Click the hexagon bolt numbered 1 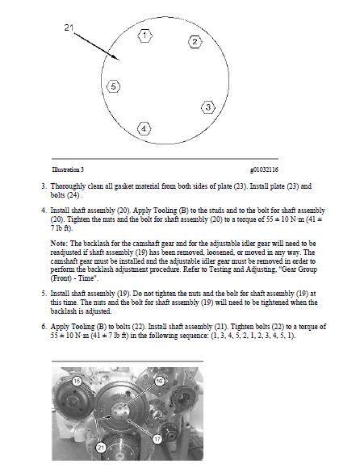[x=144, y=35]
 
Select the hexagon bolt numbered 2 [x=195, y=42]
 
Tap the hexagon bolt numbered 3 [x=208, y=107]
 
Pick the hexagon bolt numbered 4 [x=144, y=129]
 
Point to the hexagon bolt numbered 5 [x=113, y=86]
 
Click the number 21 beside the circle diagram [x=69, y=27]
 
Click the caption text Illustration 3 [x=68, y=169]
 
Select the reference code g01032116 [x=264, y=169]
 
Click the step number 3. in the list [x=44, y=186]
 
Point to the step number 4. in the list [x=44, y=211]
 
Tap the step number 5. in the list [x=44, y=294]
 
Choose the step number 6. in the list [x=44, y=327]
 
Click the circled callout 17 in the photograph [x=157, y=439]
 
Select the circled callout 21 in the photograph [x=101, y=447]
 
